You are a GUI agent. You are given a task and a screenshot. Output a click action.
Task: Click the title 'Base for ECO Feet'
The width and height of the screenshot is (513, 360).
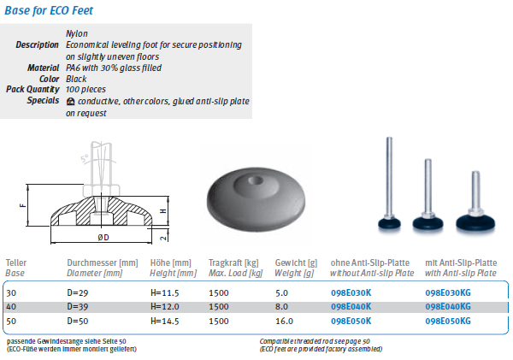49,10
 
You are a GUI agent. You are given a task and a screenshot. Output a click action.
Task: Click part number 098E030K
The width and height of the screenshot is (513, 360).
351,292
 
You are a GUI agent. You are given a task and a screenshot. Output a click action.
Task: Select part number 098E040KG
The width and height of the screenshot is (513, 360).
448,307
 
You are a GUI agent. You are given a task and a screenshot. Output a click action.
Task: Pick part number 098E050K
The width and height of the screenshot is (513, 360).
351,321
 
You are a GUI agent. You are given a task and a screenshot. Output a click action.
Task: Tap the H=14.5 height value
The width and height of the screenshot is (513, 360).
164,321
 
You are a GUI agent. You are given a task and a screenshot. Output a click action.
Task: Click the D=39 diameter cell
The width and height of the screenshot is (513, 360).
78,307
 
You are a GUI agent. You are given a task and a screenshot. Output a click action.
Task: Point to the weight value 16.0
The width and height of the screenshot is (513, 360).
284,321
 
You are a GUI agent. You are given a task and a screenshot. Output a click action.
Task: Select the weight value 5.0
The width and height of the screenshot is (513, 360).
281,292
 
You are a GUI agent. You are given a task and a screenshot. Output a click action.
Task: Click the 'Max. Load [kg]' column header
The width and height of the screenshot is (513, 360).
236,274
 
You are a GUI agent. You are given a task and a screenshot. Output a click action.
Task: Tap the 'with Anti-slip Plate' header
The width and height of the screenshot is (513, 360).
461,274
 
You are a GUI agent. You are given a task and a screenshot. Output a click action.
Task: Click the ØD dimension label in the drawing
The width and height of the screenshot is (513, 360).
103,237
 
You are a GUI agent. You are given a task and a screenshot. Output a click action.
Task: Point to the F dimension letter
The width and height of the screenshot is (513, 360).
22,205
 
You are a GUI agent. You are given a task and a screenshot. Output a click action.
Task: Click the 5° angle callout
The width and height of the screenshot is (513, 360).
85,158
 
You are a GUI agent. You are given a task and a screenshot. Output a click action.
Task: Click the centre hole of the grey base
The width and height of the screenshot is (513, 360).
256,180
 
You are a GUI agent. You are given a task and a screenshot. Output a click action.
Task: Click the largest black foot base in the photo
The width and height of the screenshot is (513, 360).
475,222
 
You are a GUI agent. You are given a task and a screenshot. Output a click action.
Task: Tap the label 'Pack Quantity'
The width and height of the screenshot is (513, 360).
32,89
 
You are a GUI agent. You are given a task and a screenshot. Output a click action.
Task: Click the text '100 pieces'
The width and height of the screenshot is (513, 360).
85,89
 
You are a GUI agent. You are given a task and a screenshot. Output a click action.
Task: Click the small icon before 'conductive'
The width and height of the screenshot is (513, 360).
70,102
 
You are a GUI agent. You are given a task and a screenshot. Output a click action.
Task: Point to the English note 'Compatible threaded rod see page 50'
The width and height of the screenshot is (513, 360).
315,341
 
